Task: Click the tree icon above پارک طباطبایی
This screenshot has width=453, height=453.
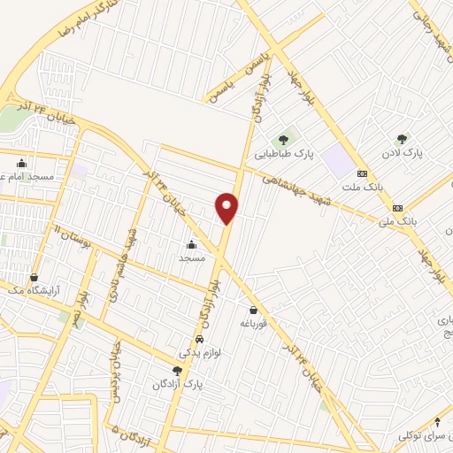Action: click(284, 138)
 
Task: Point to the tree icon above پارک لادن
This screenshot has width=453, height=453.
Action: click(403, 139)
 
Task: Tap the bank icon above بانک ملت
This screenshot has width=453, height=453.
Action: click(362, 173)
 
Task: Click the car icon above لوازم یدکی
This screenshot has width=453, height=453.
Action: click(199, 340)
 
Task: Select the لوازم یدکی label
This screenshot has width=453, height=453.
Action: click(199, 352)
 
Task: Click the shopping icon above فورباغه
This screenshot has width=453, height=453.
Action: click(254, 311)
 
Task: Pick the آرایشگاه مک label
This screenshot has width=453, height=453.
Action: click(32, 290)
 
